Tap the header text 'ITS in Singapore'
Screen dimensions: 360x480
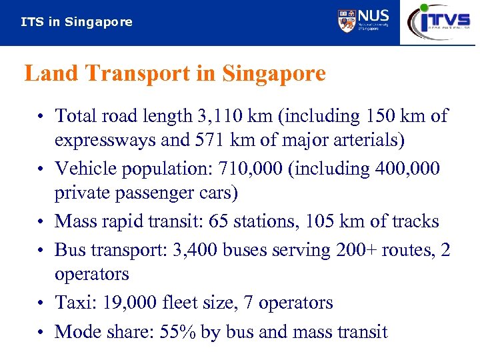pos(77,22)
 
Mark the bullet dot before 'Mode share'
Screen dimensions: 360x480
pos(41,331)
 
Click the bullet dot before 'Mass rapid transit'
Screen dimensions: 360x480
pos(41,221)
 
